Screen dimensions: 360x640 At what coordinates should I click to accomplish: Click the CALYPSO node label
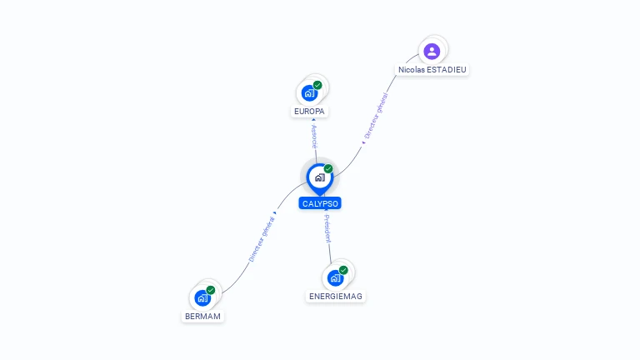coord(320,203)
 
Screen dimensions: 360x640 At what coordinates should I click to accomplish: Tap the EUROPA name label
coord(310,112)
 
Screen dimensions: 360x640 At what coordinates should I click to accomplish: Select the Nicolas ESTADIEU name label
coord(432,70)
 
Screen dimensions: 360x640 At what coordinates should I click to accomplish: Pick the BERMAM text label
coord(203,317)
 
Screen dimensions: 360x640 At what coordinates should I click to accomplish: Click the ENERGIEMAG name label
coord(336,296)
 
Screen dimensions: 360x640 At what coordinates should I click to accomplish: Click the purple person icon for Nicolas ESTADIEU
coord(432,52)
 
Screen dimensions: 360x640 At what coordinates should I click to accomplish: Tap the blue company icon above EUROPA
coord(310,92)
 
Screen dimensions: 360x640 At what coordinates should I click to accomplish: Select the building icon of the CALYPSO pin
coord(319,177)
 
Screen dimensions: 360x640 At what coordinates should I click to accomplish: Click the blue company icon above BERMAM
coord(202,297)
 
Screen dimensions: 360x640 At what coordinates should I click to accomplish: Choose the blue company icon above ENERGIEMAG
coord(335,277)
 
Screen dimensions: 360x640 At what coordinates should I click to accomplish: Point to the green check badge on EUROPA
coord(317,85)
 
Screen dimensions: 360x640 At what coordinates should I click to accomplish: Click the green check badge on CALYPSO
coord(328,169)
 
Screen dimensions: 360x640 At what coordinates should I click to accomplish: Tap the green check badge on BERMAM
coord(211,290)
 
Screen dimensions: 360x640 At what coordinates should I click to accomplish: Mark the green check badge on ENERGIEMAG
coord(343,270)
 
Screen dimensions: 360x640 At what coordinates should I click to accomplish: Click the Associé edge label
coord(314,136)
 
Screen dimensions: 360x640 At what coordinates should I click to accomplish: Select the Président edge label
coord(327,229)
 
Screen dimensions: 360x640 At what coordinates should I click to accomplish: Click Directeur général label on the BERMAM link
coord(261,240)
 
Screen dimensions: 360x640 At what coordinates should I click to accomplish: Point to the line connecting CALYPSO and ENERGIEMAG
coord(330,250)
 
